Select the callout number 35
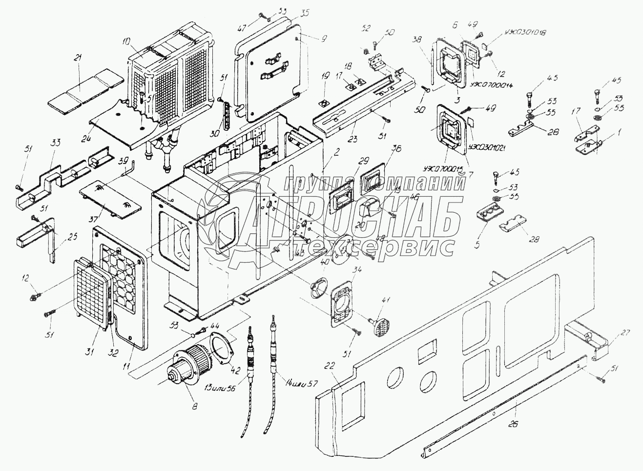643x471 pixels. point(291,13)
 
